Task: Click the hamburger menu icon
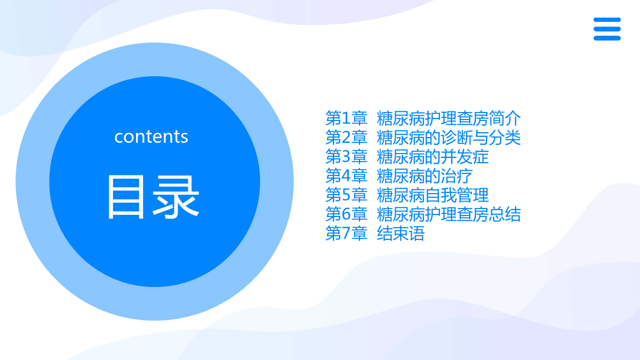[x=607, y=29]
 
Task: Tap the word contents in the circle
[x=151, y=137]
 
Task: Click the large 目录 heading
[x=154, y=197]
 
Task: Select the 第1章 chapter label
[x=346, y=118]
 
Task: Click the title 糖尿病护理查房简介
[x=449, y=118]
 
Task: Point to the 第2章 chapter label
[x=346, y=138]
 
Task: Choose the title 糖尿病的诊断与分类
[x=449, y=138]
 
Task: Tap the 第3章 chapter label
[x=346, y=157]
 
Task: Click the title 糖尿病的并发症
[x=433, y=157]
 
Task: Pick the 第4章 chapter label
[x=346, y=175]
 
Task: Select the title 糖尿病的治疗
[x=425, y=175]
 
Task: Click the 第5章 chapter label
[x=346, y=195]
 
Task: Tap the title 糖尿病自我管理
[x=433, y=195]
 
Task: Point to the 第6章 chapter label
[x=346, y=214]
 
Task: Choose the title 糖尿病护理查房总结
[x=449, y=214]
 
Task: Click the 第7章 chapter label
[x=346, y=233]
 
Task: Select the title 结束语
[x=401, y=233]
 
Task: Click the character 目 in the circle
[x=126, y=197]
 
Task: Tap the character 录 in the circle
[x=176, y=197]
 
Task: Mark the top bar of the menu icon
[x=607, y=20]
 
